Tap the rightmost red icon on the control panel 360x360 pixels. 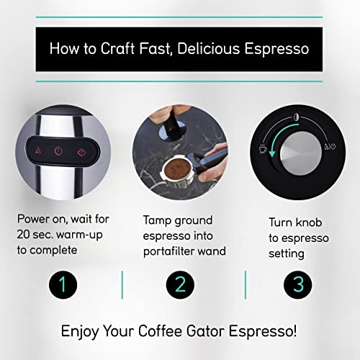pyautogui.click(x=83, y=152)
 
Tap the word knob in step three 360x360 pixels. pyautogui.click(x=312, y=222)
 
